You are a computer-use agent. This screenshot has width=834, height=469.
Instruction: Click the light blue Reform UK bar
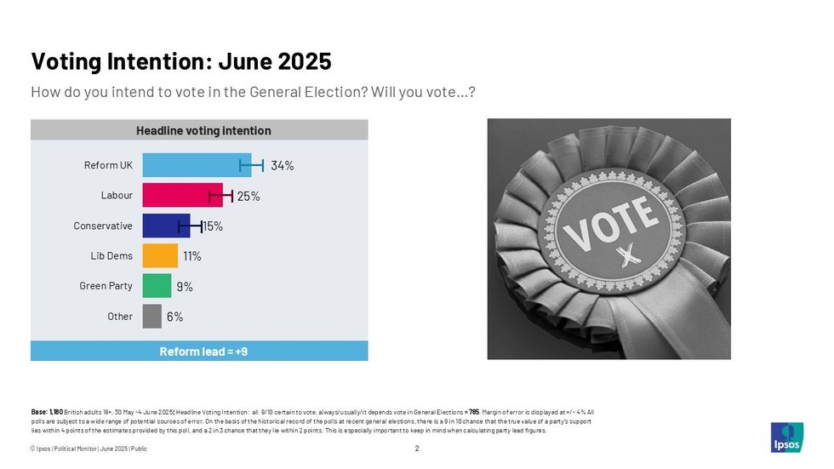point(197,165)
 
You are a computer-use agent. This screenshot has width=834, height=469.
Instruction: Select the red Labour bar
point(182,196)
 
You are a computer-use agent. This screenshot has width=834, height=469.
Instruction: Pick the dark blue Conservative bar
point(166,226)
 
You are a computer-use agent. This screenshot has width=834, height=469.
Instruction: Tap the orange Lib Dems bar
point(160,255)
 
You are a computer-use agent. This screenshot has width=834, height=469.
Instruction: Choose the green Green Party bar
point(157,286)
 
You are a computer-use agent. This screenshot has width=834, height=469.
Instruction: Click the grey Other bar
point(151,317)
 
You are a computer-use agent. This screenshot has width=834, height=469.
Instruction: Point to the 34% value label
point(283,166)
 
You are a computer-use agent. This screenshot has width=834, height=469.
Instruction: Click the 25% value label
point(248,197)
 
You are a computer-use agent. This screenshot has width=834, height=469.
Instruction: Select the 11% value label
point(192,255)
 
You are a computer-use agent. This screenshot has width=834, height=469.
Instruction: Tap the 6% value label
point(174,317)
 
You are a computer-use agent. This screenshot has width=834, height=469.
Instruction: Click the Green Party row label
point(106,286)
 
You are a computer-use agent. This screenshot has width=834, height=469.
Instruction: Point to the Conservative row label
point(103,226)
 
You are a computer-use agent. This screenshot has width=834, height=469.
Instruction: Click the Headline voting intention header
point(203,130)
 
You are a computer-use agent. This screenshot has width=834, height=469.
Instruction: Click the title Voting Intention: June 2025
point(180,62)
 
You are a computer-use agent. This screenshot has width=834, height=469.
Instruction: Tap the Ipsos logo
point(785,437)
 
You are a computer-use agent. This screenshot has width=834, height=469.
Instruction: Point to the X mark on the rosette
point(631,254)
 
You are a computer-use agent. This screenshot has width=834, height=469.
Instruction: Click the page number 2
point(417,449)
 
